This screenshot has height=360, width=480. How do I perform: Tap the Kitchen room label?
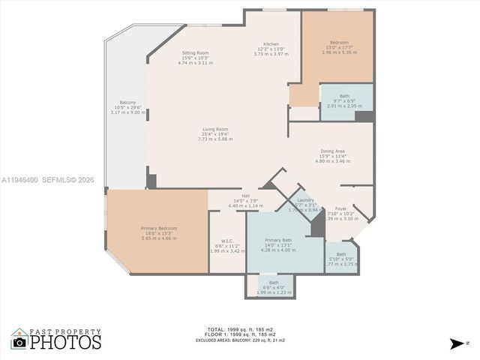coord(271,44)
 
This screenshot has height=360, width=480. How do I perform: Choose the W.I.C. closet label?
coord(227,241)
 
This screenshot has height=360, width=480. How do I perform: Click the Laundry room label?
coord(305,200)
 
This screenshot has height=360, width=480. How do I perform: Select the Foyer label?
coord(341,209)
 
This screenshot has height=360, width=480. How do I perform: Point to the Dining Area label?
coord(332,152)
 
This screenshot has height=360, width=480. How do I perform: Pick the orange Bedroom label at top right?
coord(340,43)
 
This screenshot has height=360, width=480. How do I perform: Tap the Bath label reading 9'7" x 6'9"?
coord(344,97)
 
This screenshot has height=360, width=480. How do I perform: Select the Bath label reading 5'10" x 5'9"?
coord(341,254)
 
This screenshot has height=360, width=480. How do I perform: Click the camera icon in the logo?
coord(19,342)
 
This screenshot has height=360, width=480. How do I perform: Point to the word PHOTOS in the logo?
coord(66,342)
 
